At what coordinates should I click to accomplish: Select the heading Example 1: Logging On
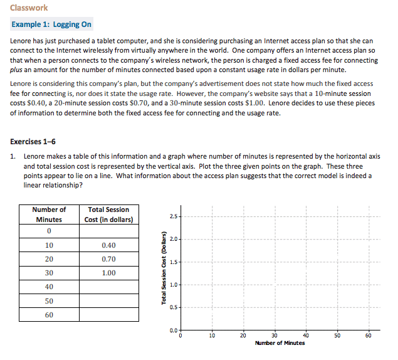coord(51,24)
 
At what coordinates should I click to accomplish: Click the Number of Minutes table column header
coord(49,214)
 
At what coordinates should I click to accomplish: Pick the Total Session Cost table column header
coord(109,214)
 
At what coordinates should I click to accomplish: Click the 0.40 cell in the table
coord(109,245)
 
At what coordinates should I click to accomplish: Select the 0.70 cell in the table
coord(109,259)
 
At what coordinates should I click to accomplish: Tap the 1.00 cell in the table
coord(109,273)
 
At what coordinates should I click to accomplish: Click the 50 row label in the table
coord(49,301)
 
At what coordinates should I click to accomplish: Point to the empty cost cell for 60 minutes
coord(109,315)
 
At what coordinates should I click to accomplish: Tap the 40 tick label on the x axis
coord(306,336)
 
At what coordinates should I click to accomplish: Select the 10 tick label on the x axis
coord(212,336)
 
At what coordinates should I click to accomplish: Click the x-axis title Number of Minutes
coord(280,343)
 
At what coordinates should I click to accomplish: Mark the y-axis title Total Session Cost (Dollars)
coord(164,270)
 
